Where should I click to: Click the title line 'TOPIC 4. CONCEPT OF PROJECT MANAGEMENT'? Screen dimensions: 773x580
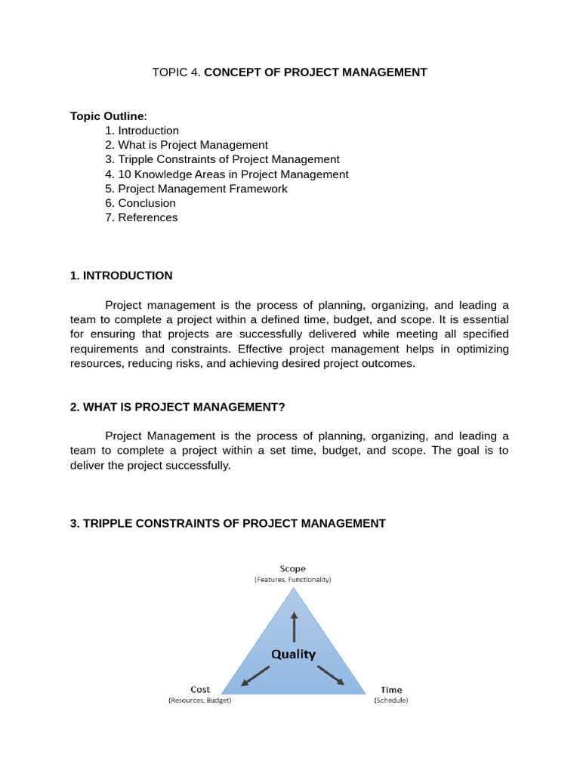pyautogui.click(x=289, y=72)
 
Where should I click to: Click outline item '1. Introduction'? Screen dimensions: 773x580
pyautogui.click(x=142, y=131)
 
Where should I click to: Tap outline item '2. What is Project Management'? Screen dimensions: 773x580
pyautogui.click(x=187, y=145)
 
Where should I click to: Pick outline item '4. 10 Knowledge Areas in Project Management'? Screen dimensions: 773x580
pyautogui.click(x=227, y=174)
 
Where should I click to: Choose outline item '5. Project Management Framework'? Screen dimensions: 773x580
pyautogui.click(x=196, y=189)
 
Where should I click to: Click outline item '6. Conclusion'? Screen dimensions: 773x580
pyautogui.click(x=140, y=203)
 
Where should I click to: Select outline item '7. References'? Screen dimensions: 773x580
pyautogui.click(x=141, y=217)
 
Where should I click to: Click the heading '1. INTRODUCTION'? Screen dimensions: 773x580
pyautogui.click(x=121, y=276)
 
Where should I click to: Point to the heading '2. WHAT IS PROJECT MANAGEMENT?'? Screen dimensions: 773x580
pyautogui.click(x=177, y=407)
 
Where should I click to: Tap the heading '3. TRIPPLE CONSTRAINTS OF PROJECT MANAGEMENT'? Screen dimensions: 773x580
pyautogui.click(x=227, y=523)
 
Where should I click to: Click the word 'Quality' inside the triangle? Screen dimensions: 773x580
pyautogui.click(x=294, y=654)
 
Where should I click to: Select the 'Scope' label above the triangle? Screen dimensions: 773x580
pyautogui.click(x=293, y=568)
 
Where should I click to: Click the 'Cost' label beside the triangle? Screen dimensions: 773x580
pyautogui.click(x=200, y=689)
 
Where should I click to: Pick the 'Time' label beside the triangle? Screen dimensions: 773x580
pyautogui.click(x=391, y=689)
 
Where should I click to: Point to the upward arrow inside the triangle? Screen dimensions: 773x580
pyautogui.click(x=294, y=626)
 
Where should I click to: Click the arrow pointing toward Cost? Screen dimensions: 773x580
pyautogui.click(x=255, y=676)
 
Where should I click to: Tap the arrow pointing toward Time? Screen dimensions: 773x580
pyautogui.click(x=331, y=676)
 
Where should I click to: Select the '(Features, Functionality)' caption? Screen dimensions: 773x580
pyautogui.click(x=293, y=580)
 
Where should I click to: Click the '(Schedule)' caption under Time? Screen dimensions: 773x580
pyautogui.click(x=391, y=701)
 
